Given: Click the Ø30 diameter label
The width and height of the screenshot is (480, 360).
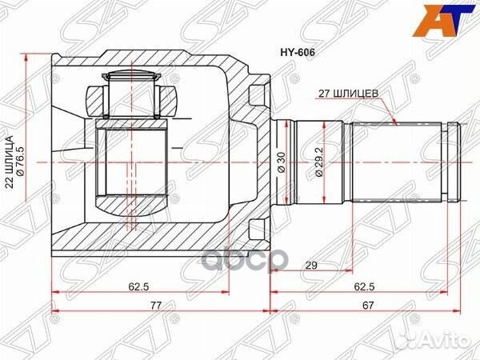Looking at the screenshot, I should (282, 160).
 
